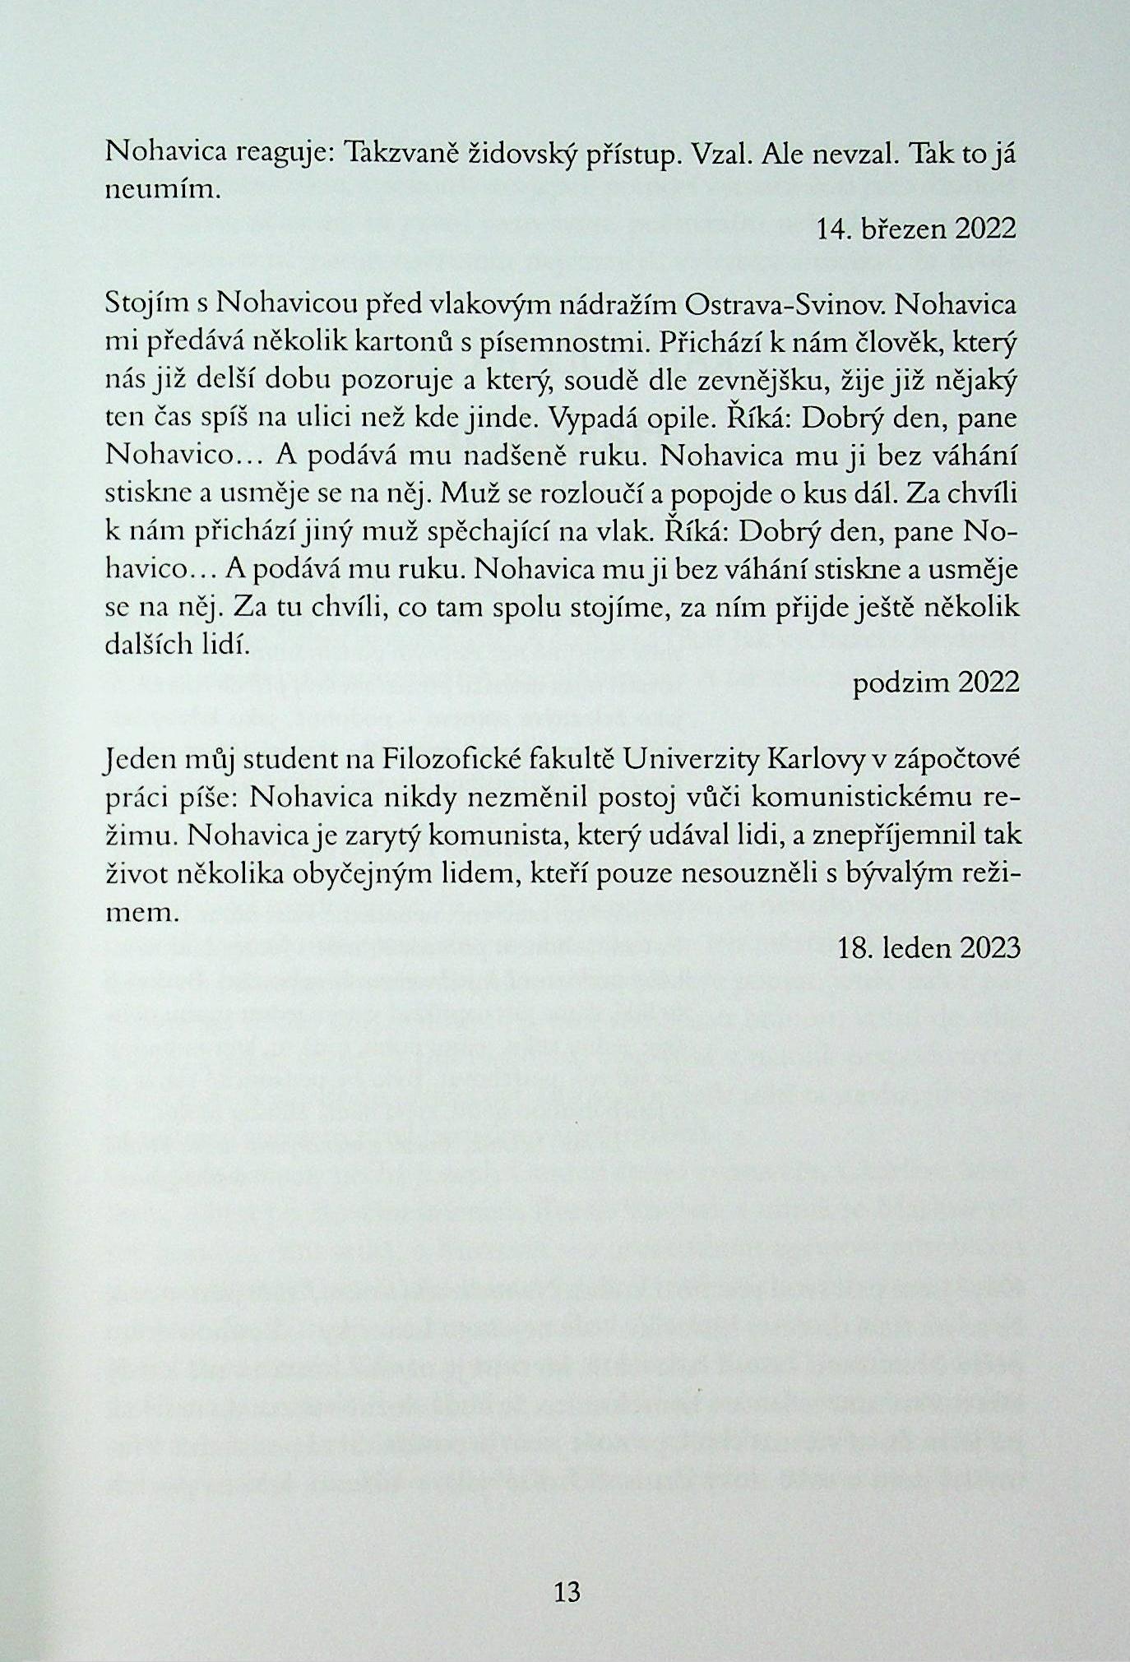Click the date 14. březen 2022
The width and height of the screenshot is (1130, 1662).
tap(918, 229)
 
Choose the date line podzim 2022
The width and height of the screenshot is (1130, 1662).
tap(936, 683)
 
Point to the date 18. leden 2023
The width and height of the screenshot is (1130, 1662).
tap(929, 949)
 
